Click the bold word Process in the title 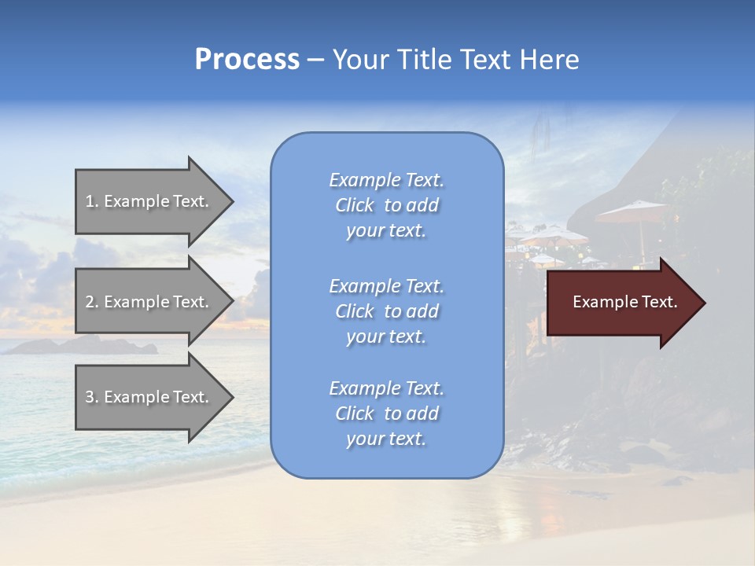click(x=247, y=60)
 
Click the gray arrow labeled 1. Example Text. click(x=149, y=201)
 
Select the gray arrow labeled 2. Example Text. click(x=149, y=302)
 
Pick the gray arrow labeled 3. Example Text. click(x=149, y=397)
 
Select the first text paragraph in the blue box click(x=386, y=205)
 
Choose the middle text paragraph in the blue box click(x=386, y=311)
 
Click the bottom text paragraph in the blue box click(x=386, y=413)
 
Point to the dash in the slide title click(x=315, y=61)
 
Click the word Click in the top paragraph click(x=354, y=205)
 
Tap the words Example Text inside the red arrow click(x=624, y=302)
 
